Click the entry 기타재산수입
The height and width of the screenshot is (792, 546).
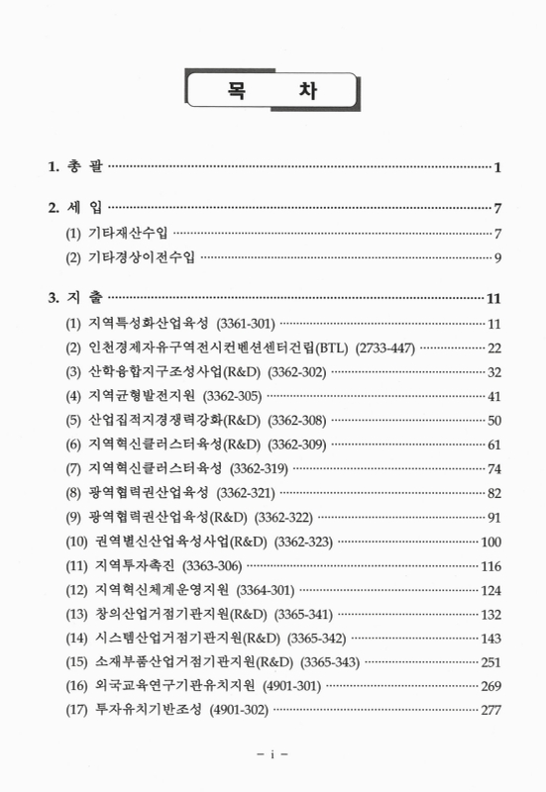tap(127, 234)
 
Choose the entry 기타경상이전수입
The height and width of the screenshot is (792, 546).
tap(140, 258)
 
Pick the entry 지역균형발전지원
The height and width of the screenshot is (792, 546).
tap(146, 395)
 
